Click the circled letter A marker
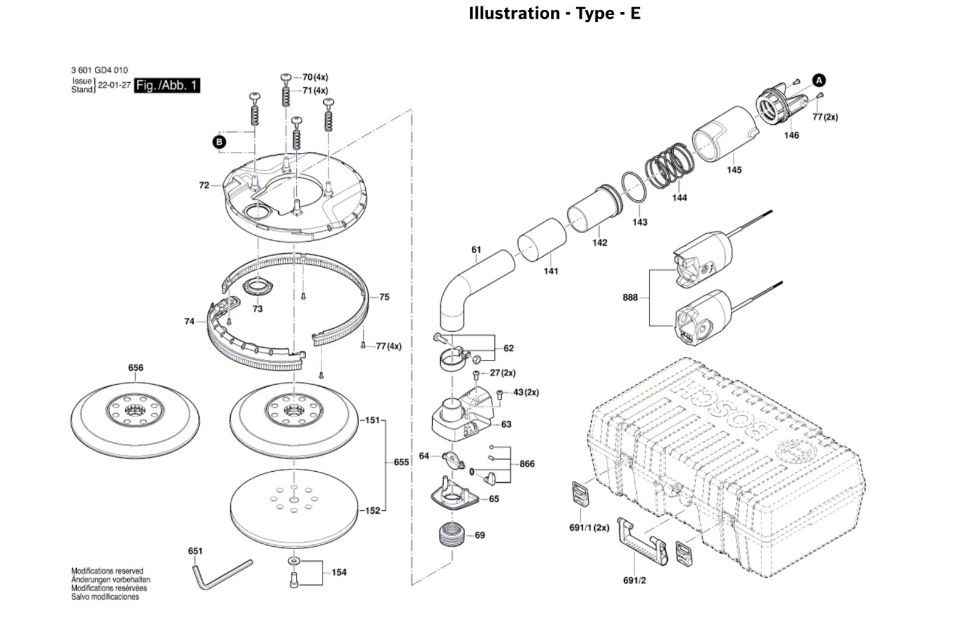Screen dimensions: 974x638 coord(819,80)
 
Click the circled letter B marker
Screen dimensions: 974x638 coord(220,142)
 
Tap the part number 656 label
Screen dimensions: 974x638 coord(136,368)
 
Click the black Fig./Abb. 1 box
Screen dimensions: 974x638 coord(167,85)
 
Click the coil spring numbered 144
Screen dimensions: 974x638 coord(670,164)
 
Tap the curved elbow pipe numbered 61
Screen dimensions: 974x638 coord(476,289)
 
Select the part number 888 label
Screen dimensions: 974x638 coord(630,298)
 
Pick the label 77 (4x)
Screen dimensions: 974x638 coord(389,346)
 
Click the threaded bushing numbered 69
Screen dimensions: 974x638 coord(452,535)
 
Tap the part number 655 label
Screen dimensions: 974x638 coord(401,462)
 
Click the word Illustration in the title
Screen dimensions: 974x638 coord(514,13)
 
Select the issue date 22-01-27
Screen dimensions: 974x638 coord(114,85)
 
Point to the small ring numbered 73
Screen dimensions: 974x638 coord(258,287)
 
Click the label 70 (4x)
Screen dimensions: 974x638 coord(315,77)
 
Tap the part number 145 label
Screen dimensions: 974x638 coord(734,170)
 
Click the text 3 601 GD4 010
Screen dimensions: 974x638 coord(100,70)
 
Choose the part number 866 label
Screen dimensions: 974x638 coord(527,464)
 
